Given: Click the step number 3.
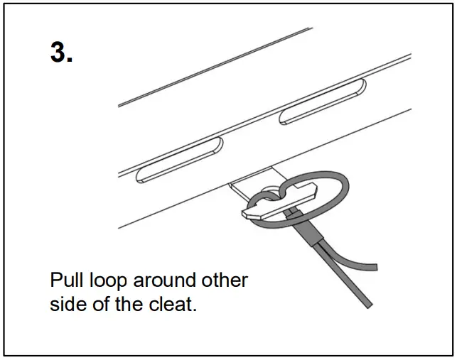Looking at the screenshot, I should pyautogui.click(x=61, y=53).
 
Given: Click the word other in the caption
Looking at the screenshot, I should pyautogui.click(x=226, y=280).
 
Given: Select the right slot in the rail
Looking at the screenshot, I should pyautogui.click(x=323, y=103).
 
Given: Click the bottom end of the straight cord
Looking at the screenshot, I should pyautogui.click(x=365, y=305).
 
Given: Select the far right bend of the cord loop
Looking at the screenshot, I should pyautogui.click(x=347, y=186).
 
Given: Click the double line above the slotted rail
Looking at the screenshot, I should pyautogui.click(x=213, y=67).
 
